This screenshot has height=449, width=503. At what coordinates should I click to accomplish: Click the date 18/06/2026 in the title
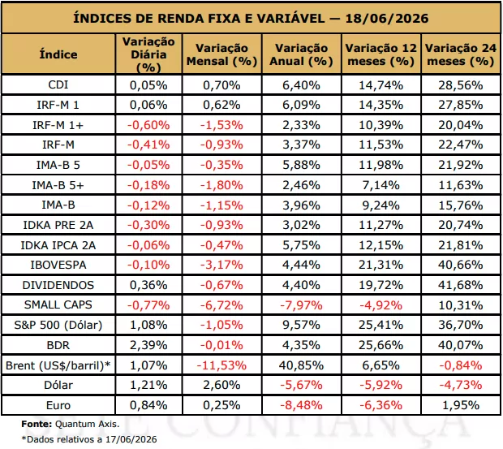[386, 19]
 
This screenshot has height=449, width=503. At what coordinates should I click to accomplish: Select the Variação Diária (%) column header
[148, 54]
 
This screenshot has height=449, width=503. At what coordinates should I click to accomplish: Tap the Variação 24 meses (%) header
[461, 54]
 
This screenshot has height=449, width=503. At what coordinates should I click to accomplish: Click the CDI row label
[58, 84]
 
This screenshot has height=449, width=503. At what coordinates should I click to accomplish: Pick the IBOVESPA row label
[58, 266]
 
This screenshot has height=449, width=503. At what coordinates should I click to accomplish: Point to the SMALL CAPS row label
[58, 304]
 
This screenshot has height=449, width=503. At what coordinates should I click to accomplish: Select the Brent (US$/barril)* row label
[58, 365]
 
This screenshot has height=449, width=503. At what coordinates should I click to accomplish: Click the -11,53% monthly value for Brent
[221, 365]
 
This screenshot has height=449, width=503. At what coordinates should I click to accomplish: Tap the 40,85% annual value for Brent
[301, 365]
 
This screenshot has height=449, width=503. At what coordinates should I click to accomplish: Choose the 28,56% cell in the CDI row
[461, 85]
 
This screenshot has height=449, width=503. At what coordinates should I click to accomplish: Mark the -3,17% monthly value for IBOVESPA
[221, 266]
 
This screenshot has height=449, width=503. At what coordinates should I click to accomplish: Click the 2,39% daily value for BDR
[148, 345]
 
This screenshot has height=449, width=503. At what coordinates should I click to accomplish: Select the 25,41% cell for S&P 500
[380, 325]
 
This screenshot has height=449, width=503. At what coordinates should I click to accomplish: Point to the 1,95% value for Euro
[461, 405]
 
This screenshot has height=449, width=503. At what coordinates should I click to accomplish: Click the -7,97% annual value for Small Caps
[301, 305]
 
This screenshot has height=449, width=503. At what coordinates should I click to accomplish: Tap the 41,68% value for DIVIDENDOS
[461, 285]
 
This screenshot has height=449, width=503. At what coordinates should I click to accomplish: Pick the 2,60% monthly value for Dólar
[221, 385]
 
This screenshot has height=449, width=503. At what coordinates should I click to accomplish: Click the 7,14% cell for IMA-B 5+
[380, 185]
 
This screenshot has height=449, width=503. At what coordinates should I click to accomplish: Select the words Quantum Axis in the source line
[87, 425]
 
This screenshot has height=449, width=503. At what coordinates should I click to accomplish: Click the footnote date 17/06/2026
[131, 439]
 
